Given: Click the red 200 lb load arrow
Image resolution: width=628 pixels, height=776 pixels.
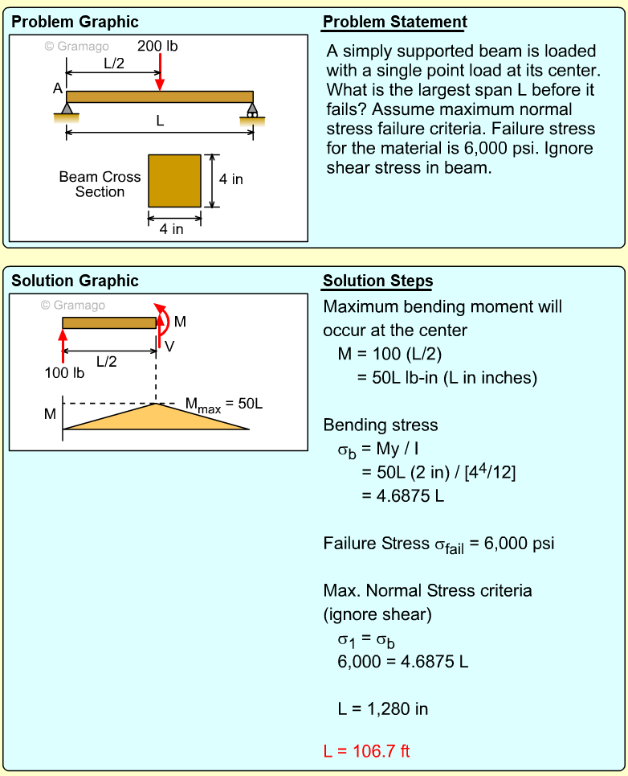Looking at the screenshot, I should coord(161,72).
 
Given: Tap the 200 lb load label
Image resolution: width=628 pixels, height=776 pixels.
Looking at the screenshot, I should coord(157,46).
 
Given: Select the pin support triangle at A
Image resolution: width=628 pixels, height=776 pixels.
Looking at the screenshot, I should coord(67,109).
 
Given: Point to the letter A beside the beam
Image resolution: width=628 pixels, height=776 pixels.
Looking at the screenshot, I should coord(58,89).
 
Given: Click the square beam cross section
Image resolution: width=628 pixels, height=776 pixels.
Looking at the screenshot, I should coord(174,180).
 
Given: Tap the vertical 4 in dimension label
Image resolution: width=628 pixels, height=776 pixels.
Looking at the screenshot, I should coord(231,179).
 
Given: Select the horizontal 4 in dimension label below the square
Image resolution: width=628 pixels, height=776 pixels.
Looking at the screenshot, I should coord(171,229).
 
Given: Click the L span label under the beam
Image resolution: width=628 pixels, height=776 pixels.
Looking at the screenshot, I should coord(160,121).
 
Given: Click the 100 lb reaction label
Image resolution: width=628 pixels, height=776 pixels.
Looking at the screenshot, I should coord(64,372).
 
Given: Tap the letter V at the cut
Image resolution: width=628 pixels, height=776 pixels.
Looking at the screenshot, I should coord(169,346).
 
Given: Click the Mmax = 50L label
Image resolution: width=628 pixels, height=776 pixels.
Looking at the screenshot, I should coord(224,404).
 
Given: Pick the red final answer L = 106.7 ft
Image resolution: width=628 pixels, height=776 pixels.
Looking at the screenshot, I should coord(367,751).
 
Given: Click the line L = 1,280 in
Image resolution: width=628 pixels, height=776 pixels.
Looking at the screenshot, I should coord(383,708).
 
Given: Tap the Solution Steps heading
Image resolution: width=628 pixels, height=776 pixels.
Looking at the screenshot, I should coord(377,281).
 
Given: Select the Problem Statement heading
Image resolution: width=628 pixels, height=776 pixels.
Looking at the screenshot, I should coord(394,22).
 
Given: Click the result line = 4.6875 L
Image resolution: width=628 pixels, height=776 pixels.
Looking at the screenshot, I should coord(402,495).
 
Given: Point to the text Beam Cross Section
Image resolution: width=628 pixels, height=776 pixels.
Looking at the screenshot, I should coord(100,184).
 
